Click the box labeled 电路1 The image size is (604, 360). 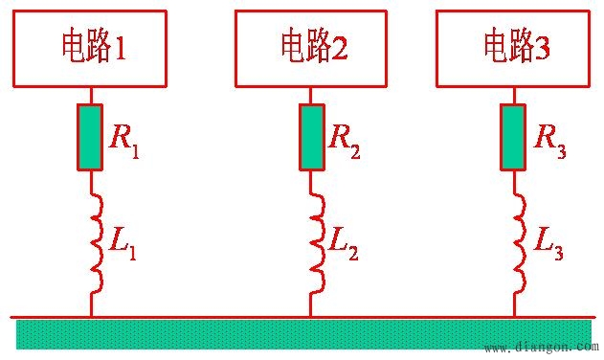pyautogui.click(x=91, y=47)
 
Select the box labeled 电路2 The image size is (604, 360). pyautogui.click(x=311, y=47)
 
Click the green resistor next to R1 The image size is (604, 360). pyautogui.click(x=92, y=137)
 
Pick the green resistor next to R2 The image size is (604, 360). pyautogui.click(x=311, y=137)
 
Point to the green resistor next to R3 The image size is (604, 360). pyautogui.click(x=515, y=137)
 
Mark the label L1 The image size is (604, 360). pyautogui.click(x=123, y=246)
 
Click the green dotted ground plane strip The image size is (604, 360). pyautogui.click(x=287, y=334)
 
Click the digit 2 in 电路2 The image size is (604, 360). pyautogui.click(x=340, y=47)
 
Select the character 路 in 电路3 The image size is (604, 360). pyautogui.click(x=524, y=46)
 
